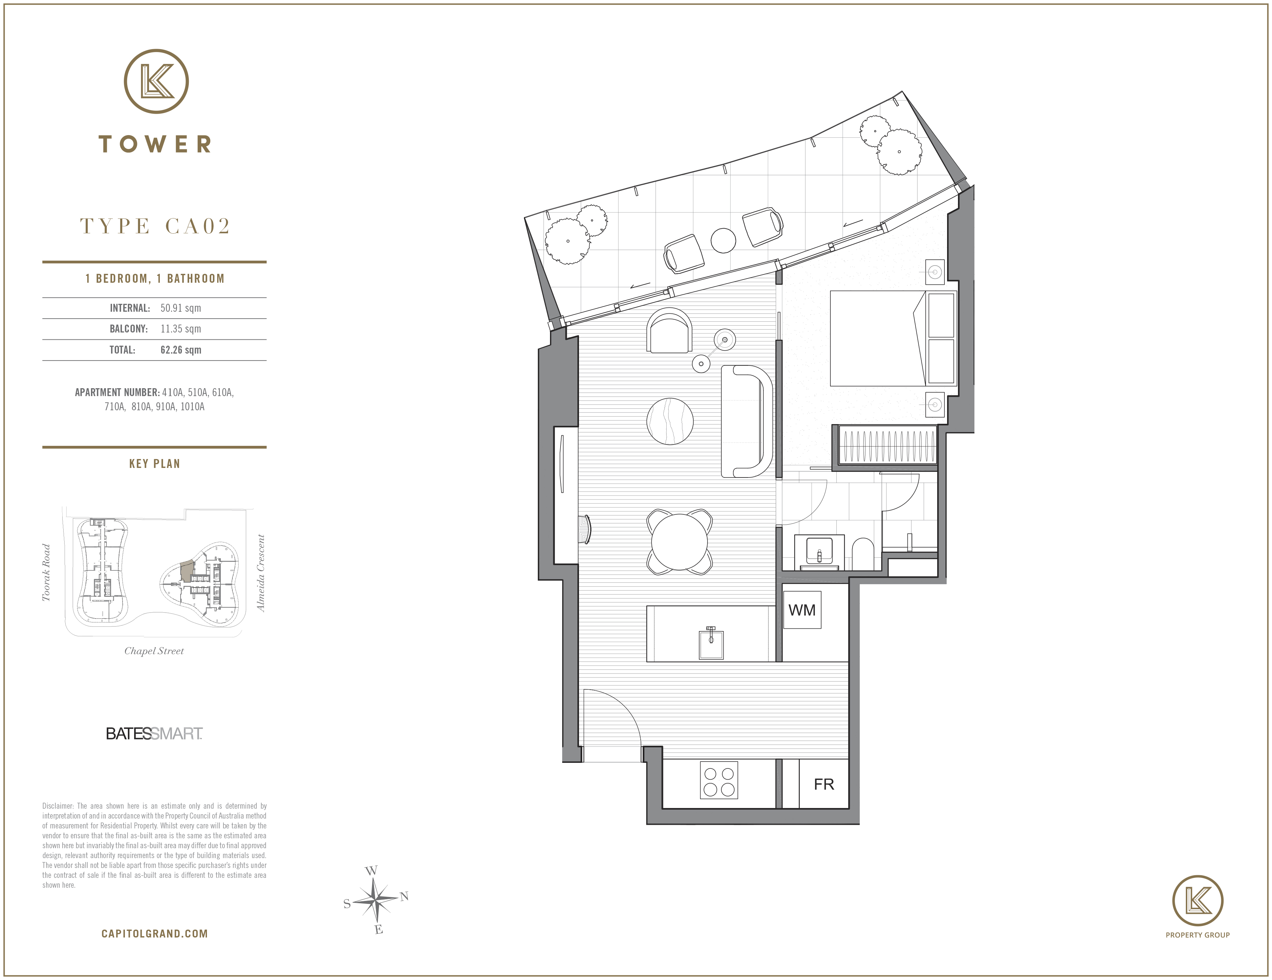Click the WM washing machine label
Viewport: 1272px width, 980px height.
tap(802, 610)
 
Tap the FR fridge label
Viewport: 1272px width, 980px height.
tap(824, 784)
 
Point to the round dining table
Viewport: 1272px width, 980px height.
tap(679, 541)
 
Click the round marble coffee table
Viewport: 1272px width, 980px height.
tap(670, 421)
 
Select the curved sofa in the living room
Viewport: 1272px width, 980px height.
tap(747, 421)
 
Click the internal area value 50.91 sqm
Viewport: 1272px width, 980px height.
tap(181, 308)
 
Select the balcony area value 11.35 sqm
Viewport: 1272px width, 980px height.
tap(181, 329)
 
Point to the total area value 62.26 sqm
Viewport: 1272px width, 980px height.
tap(181, 350)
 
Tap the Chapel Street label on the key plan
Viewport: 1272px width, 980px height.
tap(154, 651)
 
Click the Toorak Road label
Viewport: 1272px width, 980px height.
tap(46, 572)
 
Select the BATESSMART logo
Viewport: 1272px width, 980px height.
tap(154, 734)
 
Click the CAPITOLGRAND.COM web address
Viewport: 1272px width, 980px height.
tap(154, 934)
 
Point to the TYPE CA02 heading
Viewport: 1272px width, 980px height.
tap(155, 226)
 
